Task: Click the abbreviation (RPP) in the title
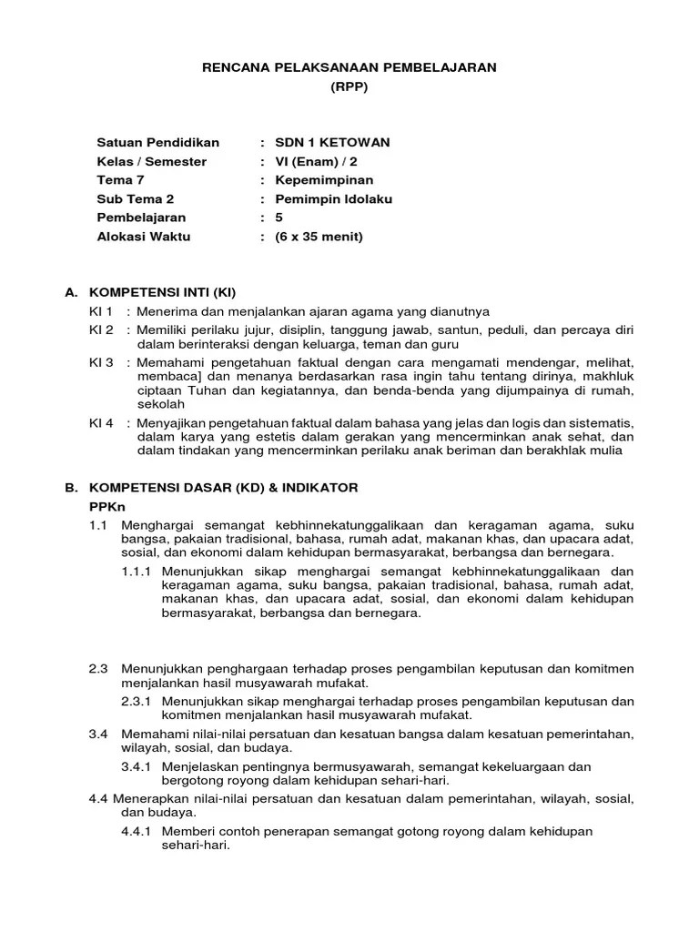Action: click(349, 87)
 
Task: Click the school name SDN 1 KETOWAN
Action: click(332, 142)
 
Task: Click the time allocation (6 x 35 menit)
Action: click(319, 238)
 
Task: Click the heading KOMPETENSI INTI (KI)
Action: click(162, 293)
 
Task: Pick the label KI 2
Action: click(101, 329)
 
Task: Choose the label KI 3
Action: click(101, 362)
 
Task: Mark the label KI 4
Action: click(101, 423)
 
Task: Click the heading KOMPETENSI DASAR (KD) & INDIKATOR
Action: click(223, 488)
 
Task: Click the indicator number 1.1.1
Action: click(137, 572)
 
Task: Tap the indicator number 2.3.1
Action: click(137, 702)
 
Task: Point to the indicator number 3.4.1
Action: click(137, 766)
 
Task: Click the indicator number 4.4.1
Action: click(137, 832)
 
